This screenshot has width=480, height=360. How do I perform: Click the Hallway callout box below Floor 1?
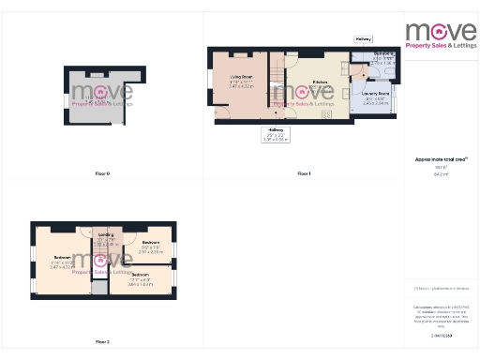click(276, 134)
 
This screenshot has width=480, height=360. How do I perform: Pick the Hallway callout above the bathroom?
click(364, 38)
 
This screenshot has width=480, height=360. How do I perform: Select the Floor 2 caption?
click(102, 341)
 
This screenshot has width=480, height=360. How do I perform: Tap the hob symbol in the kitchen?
click(327, 113)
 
